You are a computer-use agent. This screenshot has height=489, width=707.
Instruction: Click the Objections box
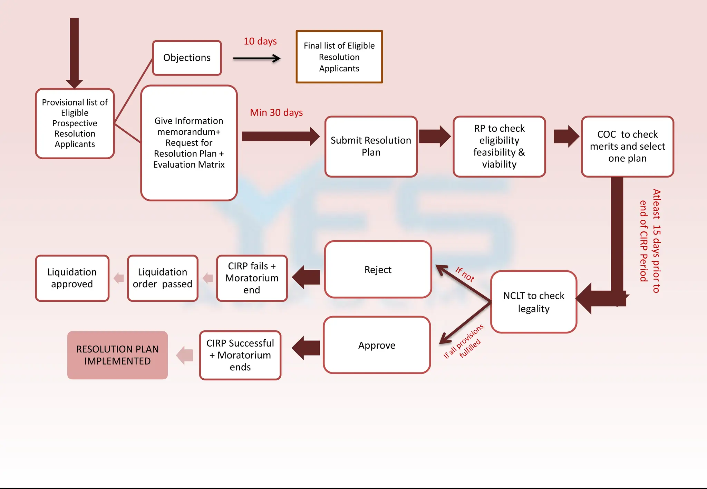(187, 58)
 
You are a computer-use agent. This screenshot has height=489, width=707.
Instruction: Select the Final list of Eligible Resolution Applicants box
(339, 57)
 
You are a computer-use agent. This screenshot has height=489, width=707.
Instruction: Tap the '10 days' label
(260, 41)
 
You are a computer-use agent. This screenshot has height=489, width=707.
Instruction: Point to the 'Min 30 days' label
(276, 112)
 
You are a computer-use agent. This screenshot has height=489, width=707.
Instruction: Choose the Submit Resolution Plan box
(371, 146)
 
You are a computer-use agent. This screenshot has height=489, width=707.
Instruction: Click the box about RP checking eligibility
(499, 146)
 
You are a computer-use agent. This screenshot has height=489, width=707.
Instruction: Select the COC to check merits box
(627, 146)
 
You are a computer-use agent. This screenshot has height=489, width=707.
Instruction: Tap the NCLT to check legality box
(533, 302)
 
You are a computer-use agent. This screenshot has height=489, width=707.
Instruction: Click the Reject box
(378, 269)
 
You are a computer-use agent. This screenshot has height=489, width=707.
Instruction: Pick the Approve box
(377, 345)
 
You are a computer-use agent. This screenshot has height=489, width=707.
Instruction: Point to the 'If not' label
(465, 275)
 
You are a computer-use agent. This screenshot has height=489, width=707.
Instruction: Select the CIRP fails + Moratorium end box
(252, 278)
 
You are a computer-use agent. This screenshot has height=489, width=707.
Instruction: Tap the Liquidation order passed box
(162, 278)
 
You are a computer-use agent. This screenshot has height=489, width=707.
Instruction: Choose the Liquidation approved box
(72, 278)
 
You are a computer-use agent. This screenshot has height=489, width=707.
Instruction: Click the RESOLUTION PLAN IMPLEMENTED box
(117, 355)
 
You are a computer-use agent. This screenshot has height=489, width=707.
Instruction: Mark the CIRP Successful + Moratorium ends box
(240, 355)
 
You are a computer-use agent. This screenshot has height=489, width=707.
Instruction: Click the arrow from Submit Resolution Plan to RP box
(435, 136)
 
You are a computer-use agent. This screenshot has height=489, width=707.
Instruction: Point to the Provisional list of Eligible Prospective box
(75, 123)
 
